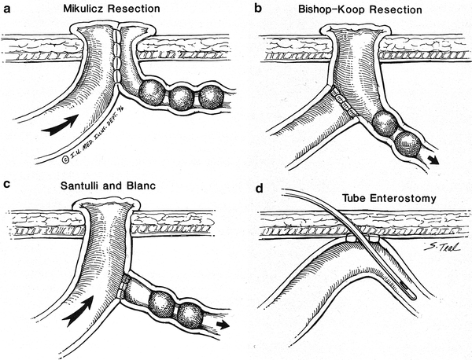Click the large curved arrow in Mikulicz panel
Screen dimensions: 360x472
63,123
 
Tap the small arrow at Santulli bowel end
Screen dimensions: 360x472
225,323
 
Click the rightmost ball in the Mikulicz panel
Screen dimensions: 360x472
210,97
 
